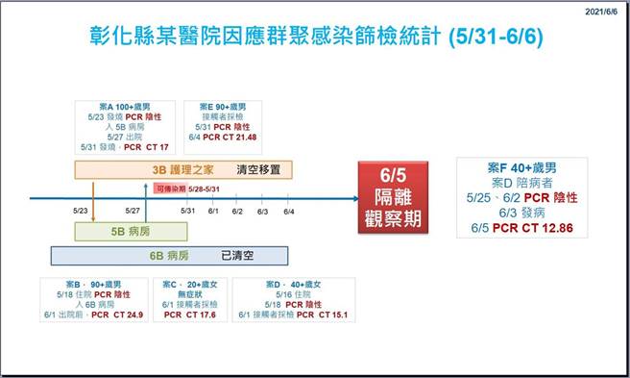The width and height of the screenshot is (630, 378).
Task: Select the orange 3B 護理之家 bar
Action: click(x=183, y=170)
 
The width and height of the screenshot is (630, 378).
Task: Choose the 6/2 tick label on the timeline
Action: click(x=237, y=211)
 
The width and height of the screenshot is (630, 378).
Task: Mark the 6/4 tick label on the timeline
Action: click(x=288, y=211)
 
